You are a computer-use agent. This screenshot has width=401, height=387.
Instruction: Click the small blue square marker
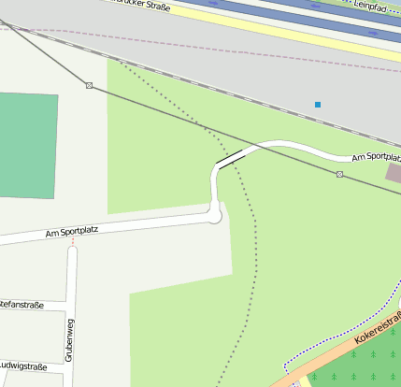[x=318, y=104]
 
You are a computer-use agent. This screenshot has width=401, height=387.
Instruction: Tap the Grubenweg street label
[x=69, y=338]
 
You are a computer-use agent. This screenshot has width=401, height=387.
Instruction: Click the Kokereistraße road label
[x=378, y=326]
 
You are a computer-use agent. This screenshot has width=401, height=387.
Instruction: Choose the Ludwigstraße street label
[x=23, y=365]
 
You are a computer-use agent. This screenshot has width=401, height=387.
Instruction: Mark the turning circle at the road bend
[x=216, y=216]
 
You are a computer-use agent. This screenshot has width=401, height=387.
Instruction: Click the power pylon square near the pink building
[x=339, y=174]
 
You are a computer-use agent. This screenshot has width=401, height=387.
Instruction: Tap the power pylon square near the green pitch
[x=89, y=85]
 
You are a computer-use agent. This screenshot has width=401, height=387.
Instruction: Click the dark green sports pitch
[x=26, y=145]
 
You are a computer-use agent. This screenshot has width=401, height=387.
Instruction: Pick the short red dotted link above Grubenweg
[x=73, y=241]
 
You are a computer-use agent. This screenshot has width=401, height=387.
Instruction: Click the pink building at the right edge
[x=394, y=173]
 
